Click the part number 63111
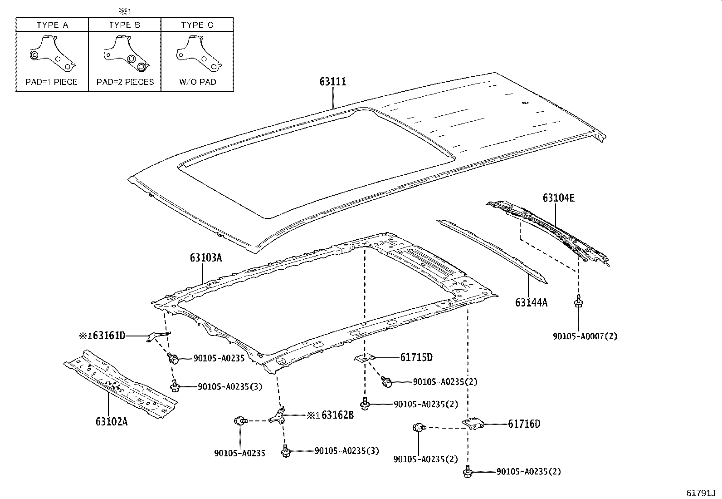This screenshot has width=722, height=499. pyautogui.click(x=332, y=82)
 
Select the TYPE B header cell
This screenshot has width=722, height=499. pyautogui.click(x=124, y=25)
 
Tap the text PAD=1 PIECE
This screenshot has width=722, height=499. pyautogui.click(x=52, y=82)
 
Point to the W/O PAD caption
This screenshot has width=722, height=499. pyautogui.click(x=197, y=82)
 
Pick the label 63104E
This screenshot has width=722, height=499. pyautogui.click(x=559, y=198)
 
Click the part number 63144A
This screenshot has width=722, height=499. pyautogui.click(x=531, y=302)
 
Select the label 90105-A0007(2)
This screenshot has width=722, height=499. pyautogui.click(x=585, y=336)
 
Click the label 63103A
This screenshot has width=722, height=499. pyautogui.click(x=206, y=258)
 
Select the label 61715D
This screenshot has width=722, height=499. pyautogui.click(x=416, y=357)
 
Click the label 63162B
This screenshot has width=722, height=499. pyautogui.click(x=337, y=415)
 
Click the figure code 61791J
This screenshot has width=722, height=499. pyautogui.click(x=700, y=493)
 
